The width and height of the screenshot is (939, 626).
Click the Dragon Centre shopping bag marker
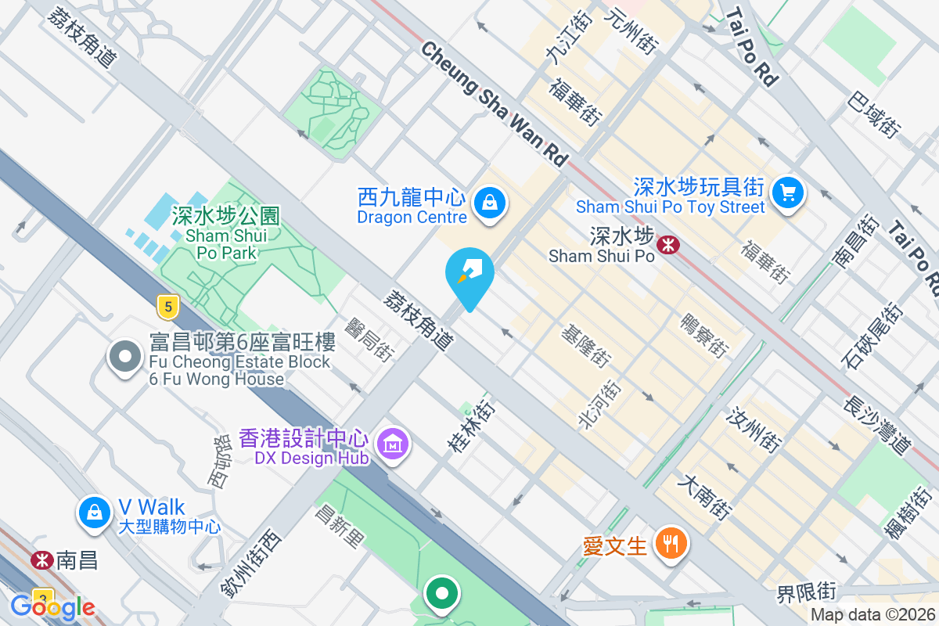click(x=489, y=203)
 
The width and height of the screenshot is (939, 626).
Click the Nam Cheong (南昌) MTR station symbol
click(x=41, y=560)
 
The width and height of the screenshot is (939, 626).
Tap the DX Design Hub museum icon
click(x=393, y=444)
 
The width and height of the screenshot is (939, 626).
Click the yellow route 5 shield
click(x=166, y=307)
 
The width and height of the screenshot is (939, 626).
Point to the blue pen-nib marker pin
click(x=469, y=275)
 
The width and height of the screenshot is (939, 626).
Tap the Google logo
click(x=52, y=606)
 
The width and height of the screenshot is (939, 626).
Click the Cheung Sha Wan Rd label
click(x=494, y=103)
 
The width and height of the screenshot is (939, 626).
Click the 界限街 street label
click(x=807, y=592)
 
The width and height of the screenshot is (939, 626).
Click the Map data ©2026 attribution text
click(x=872, y=615)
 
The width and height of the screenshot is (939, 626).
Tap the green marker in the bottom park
click(x=442, y=593)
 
